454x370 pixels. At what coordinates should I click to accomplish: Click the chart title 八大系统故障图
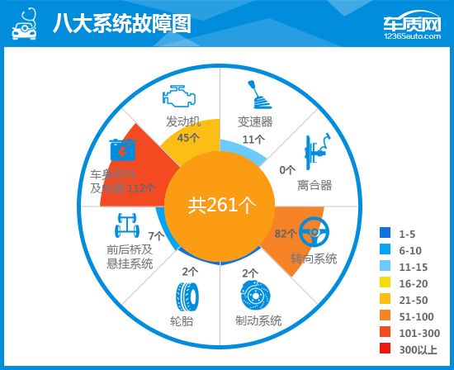121,23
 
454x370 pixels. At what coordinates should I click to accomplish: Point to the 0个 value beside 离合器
287,170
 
